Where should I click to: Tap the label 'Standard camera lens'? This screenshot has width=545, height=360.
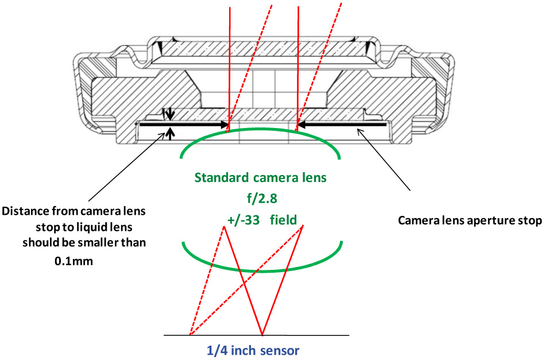pyautogui.click(x=261, y=177)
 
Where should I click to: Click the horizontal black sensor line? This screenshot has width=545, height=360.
pyautogui.click(x=322, y=335)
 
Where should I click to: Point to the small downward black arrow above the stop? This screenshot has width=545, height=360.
pyautogui.click(x=169, y=114)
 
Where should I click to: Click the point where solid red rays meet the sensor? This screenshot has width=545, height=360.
pyautogui.click(x=262, y=335)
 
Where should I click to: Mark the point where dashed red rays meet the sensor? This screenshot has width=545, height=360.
pyautogui.click(x=190, y=335)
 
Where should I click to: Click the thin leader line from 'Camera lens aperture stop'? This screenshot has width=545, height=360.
pyautogui.click(x=385, y=161)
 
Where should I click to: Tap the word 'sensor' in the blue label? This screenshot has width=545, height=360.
pyautogui.click(x=284, y=349)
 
